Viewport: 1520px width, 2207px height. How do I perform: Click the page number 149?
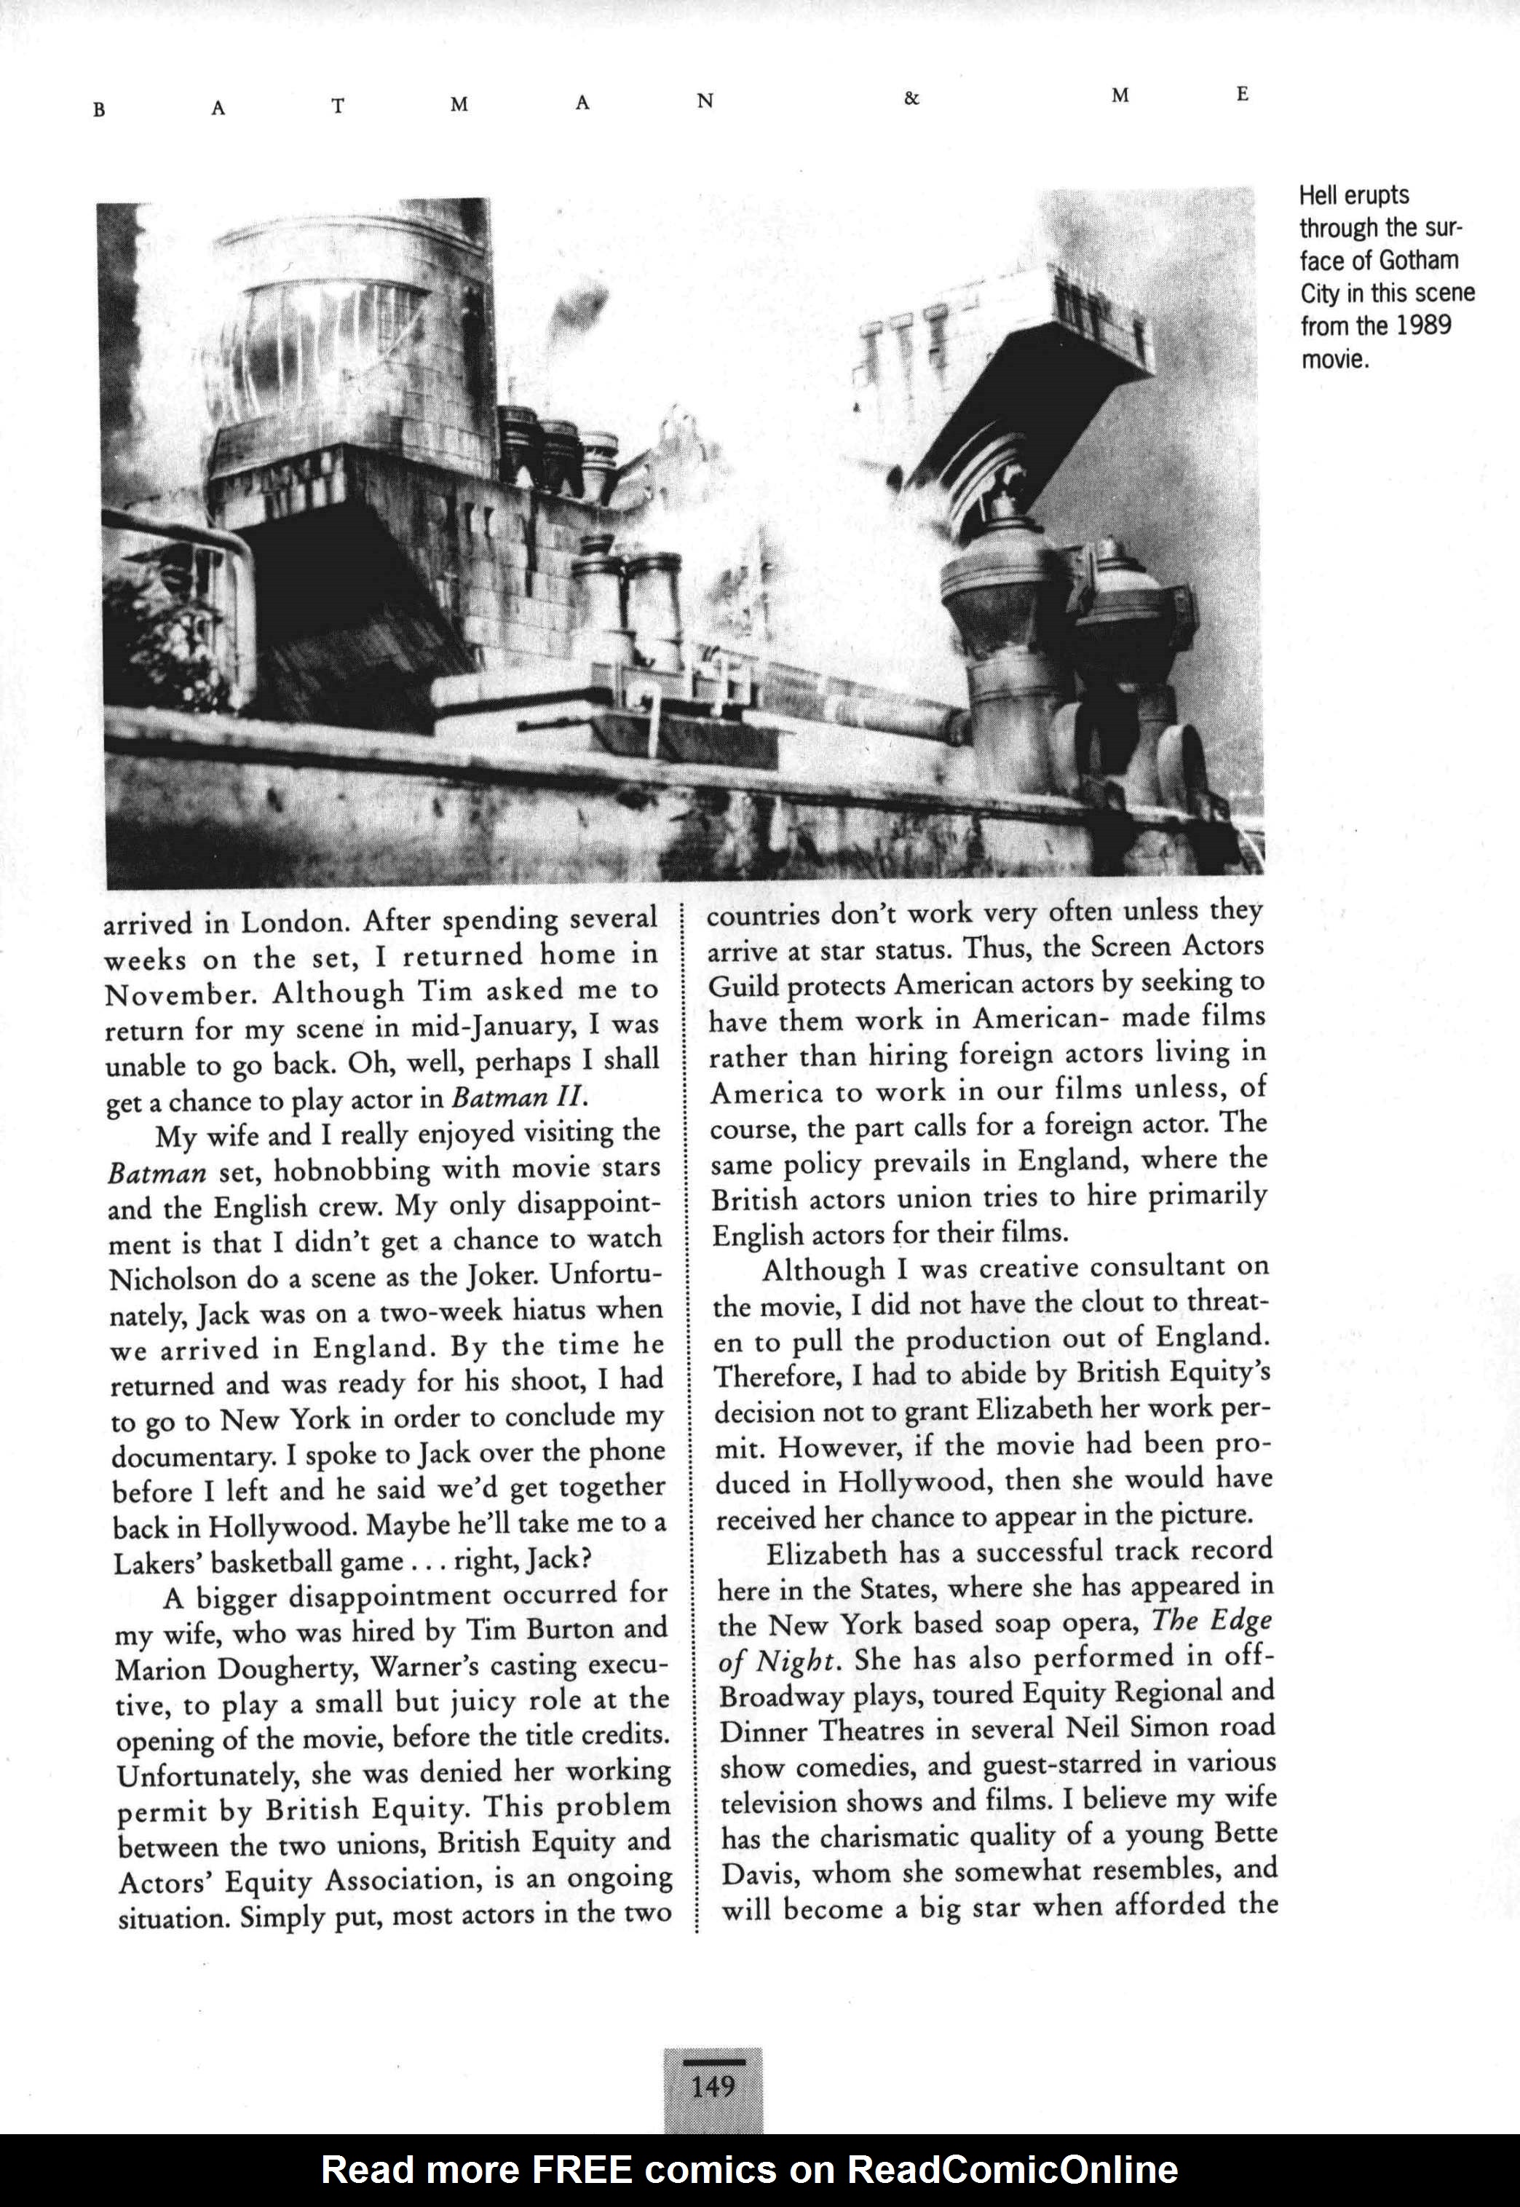[713, 2087]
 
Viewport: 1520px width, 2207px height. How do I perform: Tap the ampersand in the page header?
[911, 99]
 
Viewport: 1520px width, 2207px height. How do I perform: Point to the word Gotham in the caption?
[1418, 261]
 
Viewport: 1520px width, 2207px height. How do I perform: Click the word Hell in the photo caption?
[1321, 196]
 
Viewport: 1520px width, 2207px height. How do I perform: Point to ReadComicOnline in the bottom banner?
[1013, 2169]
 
